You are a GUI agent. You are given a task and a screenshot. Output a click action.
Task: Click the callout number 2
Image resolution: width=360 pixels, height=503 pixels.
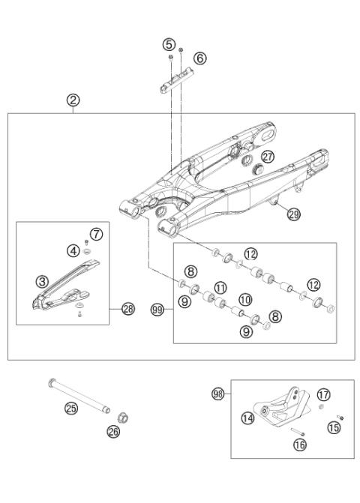(x=73, y=100)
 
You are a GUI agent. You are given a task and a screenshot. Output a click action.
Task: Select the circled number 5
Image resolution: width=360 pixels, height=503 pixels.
(x=169, y=44)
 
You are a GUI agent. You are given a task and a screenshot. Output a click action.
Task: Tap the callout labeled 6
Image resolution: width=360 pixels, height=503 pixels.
(x=199, y=58)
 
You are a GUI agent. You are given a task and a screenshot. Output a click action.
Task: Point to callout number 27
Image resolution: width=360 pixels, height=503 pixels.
(x=268, y=155)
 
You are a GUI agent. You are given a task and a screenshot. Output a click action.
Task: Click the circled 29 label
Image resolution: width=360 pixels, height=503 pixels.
(x=293, y=214)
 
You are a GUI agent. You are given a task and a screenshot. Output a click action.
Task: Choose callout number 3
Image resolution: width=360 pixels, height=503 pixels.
(x=43, y=281)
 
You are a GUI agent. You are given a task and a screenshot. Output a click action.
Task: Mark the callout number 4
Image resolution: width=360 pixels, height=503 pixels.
(x=73, y=250)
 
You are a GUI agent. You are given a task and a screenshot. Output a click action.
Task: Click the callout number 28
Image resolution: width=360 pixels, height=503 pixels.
(x=128, y=309)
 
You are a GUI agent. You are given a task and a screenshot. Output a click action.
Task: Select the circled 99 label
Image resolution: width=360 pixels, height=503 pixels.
(x=158, y=309)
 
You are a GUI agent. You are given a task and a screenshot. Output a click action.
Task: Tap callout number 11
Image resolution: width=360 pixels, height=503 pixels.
(x=220, y=287)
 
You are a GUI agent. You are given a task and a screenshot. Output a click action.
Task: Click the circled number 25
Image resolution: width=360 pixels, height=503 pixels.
(x=71, y=409)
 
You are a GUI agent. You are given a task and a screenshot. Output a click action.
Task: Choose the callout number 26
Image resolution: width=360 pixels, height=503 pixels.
(x=113, y=432)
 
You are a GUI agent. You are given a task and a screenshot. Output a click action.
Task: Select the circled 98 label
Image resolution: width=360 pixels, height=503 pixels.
(x=217, y=393)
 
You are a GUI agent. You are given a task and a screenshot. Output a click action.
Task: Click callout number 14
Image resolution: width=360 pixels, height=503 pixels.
(x=248, y=419)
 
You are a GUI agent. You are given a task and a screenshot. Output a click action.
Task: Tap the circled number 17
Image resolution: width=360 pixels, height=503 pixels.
(x=323, y=394)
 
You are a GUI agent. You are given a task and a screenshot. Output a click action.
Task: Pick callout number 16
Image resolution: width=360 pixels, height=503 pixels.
(x=299, y=445)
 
